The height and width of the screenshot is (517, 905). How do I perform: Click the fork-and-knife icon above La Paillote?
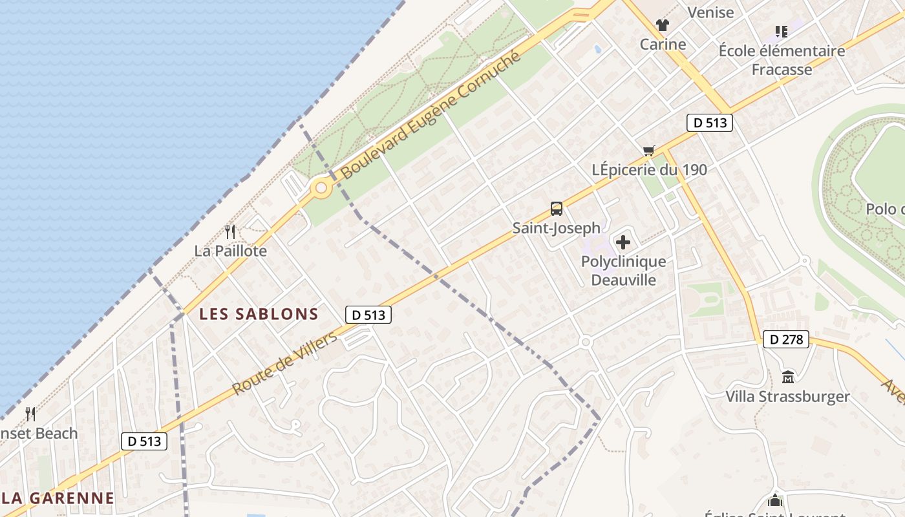[x=229, y=231]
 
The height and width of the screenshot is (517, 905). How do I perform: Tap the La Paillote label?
[x=230, y=251]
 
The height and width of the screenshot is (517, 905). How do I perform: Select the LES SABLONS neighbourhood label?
[x=259, y=315]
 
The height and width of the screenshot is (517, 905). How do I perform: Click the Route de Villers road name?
[x=284, y=363]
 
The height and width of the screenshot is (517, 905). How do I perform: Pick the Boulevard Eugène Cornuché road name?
[x=431, y=116]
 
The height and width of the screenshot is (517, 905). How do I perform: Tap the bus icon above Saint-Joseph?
[x=557, y=209]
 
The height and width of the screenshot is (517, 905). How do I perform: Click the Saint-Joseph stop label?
[x=556, y=228]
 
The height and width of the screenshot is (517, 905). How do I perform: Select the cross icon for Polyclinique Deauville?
[x=623, y=242]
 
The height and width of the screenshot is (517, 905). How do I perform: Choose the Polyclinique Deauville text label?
[x=623, y=271]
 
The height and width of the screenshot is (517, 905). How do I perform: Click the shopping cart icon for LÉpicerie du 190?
[x=649, y=151]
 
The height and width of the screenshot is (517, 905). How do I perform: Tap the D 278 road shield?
[x=785, y=339]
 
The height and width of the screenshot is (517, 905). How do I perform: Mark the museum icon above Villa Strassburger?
[x=787, y=377]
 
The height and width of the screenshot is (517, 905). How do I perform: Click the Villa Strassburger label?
[x=787, y=396]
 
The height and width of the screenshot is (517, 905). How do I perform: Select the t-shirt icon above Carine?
[x=663, y=25]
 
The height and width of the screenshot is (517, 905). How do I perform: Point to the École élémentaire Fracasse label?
[x=782, y=59]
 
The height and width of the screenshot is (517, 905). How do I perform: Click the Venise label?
[x=710, y=12]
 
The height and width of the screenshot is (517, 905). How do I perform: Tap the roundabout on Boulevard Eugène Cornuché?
[x=321, y=189]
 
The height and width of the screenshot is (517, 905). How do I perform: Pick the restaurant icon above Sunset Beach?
[x=30, y=414]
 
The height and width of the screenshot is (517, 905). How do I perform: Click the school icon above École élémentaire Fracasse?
[x=781, y=31]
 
